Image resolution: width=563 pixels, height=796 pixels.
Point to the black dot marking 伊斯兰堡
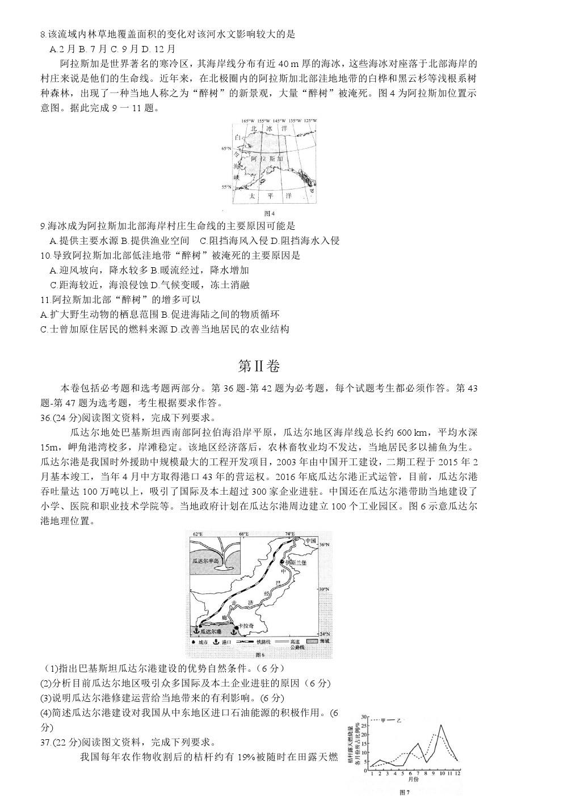pyautogui.click(x=283, y=562)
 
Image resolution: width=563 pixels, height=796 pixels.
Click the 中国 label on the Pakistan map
pyautogui.click(x=310, y=541)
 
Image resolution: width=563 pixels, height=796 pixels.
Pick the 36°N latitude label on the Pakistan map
pyautogui.click(x=325, y=545)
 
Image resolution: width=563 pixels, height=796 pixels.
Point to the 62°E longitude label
pyautogui.click(x=197, y=534)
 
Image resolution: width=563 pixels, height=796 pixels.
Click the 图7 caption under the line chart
pyautogui.click(x=404, y=792)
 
